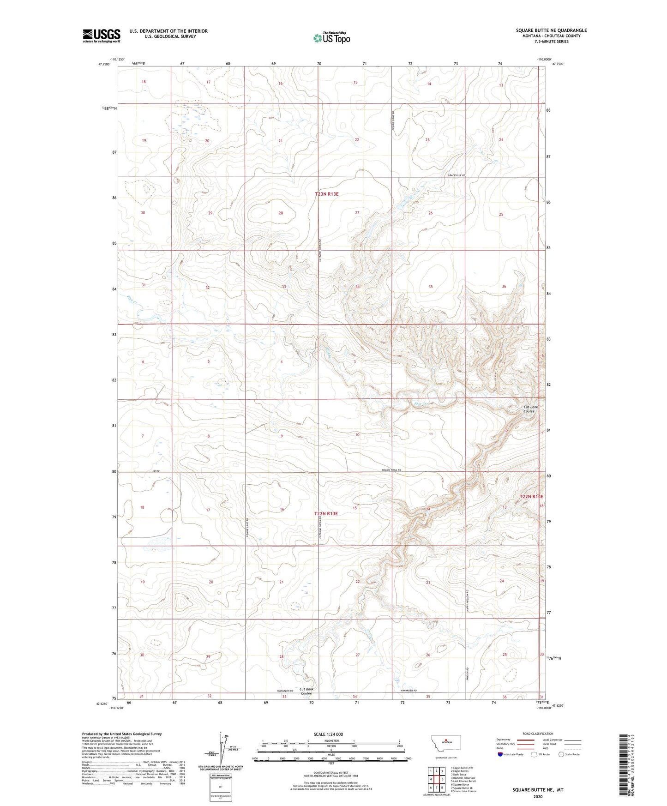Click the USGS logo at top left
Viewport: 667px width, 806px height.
(101, 35)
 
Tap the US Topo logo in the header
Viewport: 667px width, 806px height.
(331, 38)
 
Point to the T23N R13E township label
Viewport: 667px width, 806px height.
(326, 194)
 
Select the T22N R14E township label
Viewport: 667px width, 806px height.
(531, 497)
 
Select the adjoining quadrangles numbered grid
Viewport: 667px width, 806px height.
(436, 780)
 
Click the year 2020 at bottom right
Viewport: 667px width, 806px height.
(537, 797)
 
